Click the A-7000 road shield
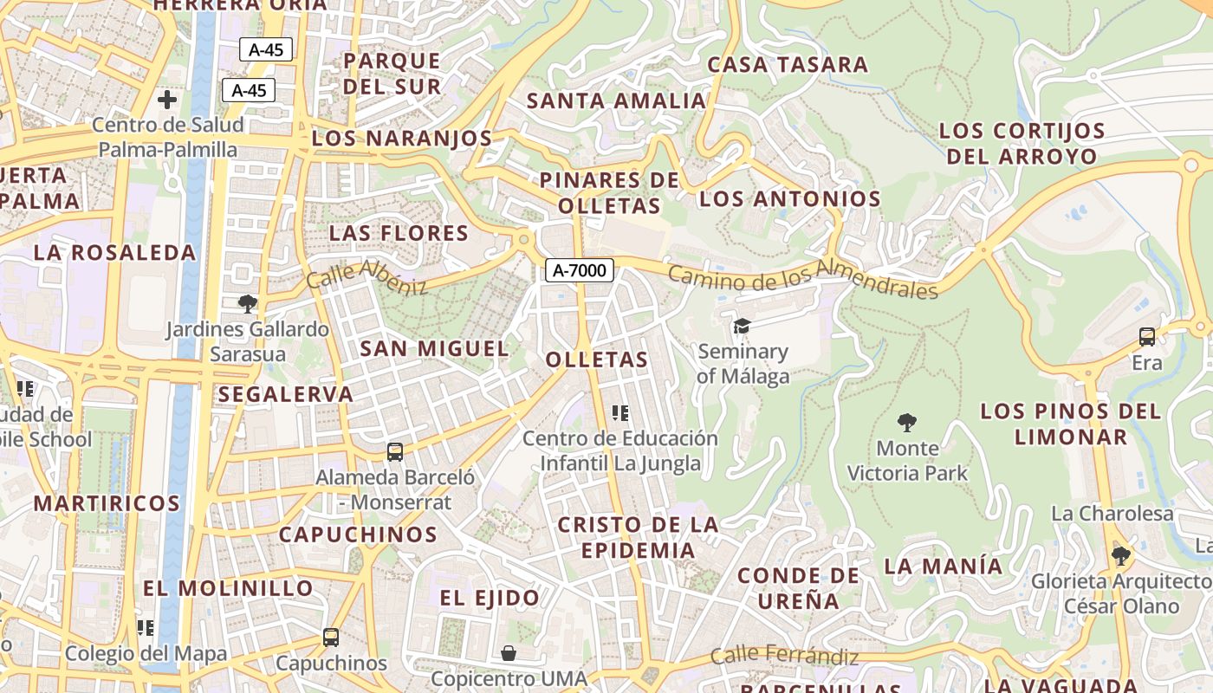pyautogui.click(x=580, y=270)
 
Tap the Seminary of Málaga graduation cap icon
pyautogui.click(x=742, y=327)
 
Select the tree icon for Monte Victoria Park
pyautogui.click(x=907, y=423)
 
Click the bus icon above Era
pyautogui.click(x=1147, y=337)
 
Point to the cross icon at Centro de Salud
pyautogui.click(x=167, y=100)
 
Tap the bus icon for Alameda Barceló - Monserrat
pyautogui.click(x=395, y=451)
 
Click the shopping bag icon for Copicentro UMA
pyautogui.click(x=509, y=652)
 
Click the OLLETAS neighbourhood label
pyautogui.click(x=597, y=359)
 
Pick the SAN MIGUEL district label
pyautogui.click(x=434, y=348)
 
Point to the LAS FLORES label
pyautogui.click(x=399, y=233)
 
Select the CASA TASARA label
pyautogui.click(x=788, y=65)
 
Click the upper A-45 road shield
pyautogui.click(x=266, y=49)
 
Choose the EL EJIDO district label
pyautogui.click(x=490, y=598)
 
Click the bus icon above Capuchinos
pyautogui.click(x=331, y=638)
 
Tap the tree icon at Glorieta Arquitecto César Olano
pyautogui.click(x=1120, y=555)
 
